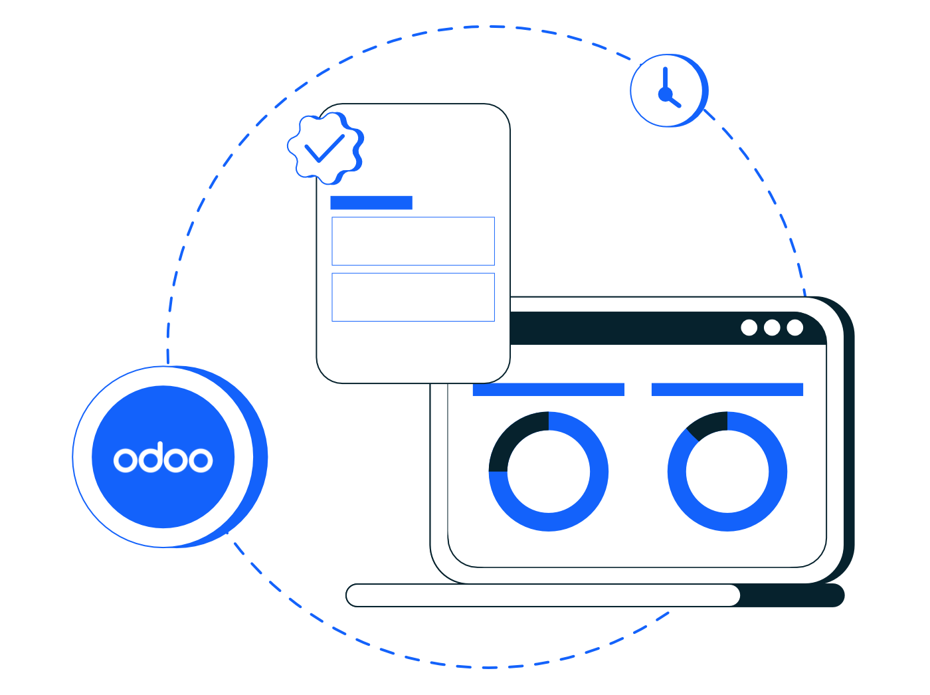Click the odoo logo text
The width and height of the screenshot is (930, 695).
click(163, 457)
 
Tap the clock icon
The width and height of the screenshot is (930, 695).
click(669, 90)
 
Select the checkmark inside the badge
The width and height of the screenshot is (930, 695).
click(325, 148)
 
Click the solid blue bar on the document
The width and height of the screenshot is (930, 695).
click(371, 203)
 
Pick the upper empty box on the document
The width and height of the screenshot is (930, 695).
click(413, 241)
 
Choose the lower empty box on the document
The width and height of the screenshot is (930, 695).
click(413, 297)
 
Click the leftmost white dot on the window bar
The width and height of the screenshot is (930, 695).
click(749, 328)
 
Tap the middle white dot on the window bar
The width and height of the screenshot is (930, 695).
click(771, 328)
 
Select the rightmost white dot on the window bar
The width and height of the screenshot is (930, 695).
click(794, 328)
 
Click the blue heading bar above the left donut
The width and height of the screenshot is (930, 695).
click(548, 389)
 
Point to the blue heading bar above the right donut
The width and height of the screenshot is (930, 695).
click(727, 389)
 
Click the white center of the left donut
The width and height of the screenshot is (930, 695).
click(548, 471)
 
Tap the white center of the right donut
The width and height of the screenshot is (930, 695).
click(727, 471)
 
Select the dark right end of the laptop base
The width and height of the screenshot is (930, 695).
click(791, 595)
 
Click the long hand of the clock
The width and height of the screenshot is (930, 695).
click(665, 80)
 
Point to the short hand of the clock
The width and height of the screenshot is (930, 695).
click(674, 100)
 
